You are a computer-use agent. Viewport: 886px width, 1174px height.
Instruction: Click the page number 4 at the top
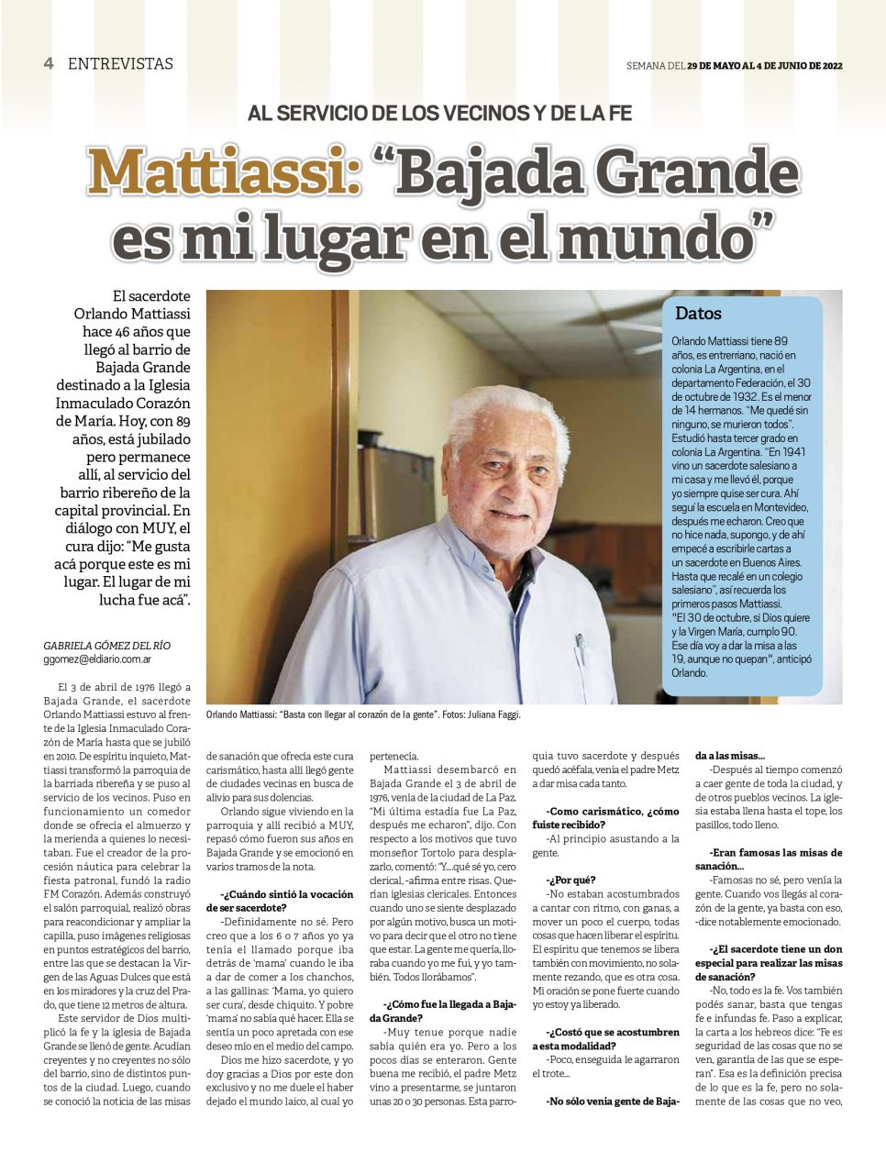(x=49, y=63)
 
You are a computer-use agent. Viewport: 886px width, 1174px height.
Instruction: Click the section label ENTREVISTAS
(x=120, y=64)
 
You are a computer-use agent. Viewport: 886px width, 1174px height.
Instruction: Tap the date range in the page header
(x=765, y=65)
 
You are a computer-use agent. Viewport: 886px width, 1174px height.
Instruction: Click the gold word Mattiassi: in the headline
(x=224, y=172)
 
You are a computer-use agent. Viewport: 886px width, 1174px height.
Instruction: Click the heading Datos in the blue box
(x=698, y=314)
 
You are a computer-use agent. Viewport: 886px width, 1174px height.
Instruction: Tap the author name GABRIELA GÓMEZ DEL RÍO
(x=106, y=646)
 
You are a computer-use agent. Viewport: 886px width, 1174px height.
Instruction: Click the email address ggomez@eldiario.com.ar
(x=97, y=659)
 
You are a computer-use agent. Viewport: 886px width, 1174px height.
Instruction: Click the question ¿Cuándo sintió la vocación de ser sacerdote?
(x=286, y=901)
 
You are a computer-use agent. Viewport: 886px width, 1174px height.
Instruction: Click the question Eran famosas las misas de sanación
(x=769, y=859)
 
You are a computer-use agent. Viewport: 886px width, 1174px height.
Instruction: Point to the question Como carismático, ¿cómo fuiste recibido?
(x=606, y=818)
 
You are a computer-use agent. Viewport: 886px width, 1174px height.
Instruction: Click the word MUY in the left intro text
(x=159, y=528)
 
